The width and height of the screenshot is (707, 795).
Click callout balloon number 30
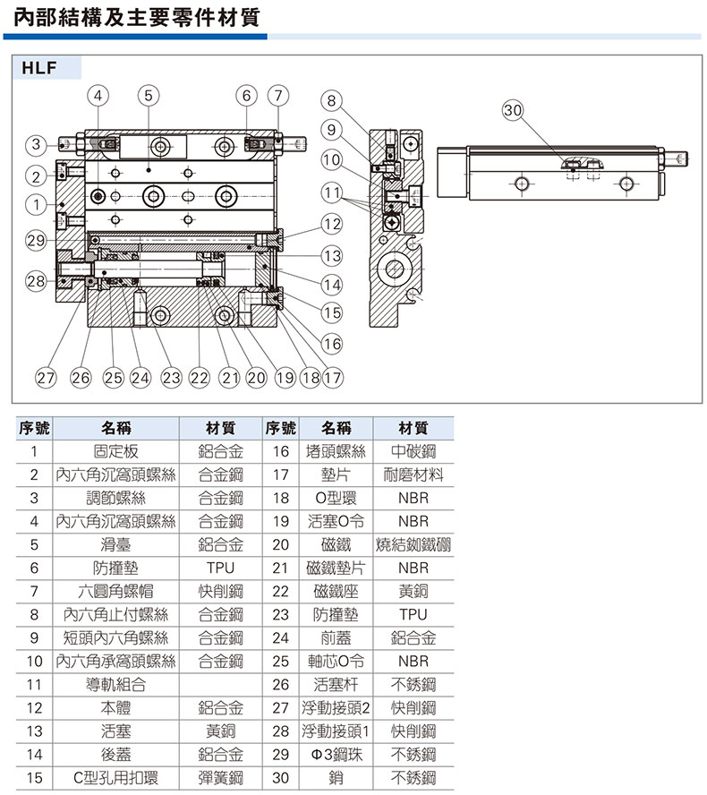pos(513,110)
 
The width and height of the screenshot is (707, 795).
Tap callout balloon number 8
pos(331,100)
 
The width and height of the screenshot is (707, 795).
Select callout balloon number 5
pos(149,95)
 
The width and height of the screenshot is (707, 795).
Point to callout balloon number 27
pos(46,378)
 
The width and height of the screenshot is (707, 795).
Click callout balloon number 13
pos(332,255)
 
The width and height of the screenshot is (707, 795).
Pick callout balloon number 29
pos(36,240)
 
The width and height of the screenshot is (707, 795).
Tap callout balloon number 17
pos(332,378)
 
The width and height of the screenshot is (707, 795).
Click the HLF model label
pos(39,67)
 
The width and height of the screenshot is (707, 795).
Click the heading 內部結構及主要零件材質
pos(136,17)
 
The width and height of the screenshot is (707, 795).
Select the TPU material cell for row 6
pos(220,568)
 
